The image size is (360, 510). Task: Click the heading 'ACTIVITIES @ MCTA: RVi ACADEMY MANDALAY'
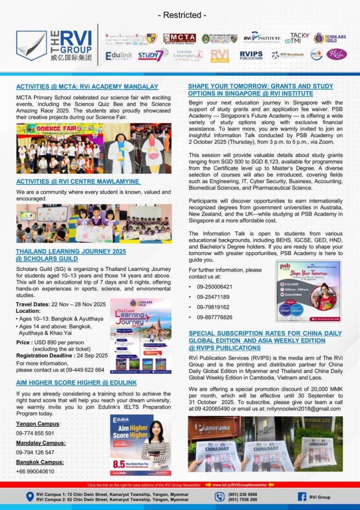tap(87, 86)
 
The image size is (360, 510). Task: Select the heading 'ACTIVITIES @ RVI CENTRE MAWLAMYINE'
tap(78, 181)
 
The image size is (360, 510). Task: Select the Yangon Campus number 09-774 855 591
tap(35, 433)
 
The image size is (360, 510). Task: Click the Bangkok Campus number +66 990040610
tap(35, 471)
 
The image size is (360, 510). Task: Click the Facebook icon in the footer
tap(302, 497)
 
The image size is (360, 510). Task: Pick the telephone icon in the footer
tap(220, 497)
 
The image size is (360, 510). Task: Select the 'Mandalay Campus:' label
tap(38, 443)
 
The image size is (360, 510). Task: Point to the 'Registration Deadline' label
tap(47, 355)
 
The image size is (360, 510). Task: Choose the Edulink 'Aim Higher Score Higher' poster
tap(140, 445)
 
